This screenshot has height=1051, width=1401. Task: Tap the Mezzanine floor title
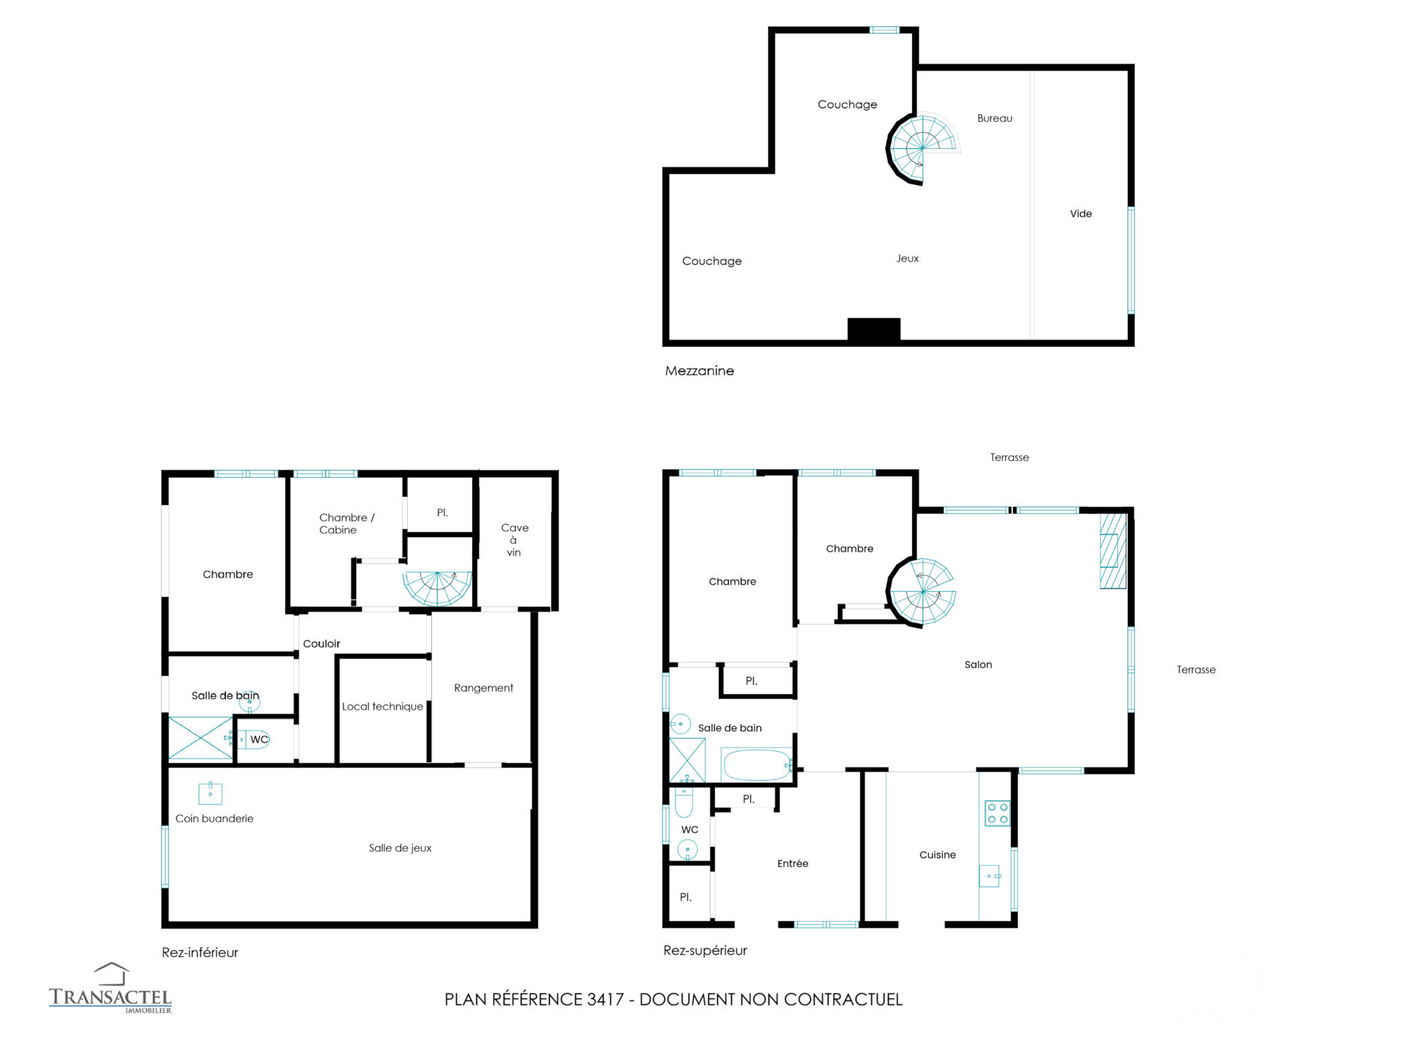[699, 371]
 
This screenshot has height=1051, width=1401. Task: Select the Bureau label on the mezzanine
[995, 118]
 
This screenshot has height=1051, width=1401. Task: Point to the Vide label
[1081, 214]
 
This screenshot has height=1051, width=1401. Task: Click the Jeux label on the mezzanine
[907, 258]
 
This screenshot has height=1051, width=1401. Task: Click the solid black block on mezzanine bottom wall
[873, 329]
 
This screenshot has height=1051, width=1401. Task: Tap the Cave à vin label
[514, 539]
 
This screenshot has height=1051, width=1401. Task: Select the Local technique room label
[382, 707]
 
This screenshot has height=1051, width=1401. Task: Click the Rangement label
[483, 688]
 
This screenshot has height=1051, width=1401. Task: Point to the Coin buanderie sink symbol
[210, 793]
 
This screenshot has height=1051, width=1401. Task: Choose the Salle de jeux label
[400, 848]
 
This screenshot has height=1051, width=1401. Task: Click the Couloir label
[321, 644]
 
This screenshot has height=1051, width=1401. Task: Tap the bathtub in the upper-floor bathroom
[757, 765]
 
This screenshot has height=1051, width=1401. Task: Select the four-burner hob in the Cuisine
[997, 813]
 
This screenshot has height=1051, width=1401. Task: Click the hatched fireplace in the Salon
[1113, 550]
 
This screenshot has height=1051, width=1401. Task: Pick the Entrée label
[792, 863]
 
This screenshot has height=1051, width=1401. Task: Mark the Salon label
[978, 665]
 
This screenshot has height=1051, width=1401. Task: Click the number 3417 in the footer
[605, 999]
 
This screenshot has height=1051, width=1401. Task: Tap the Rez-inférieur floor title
[200, 952]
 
